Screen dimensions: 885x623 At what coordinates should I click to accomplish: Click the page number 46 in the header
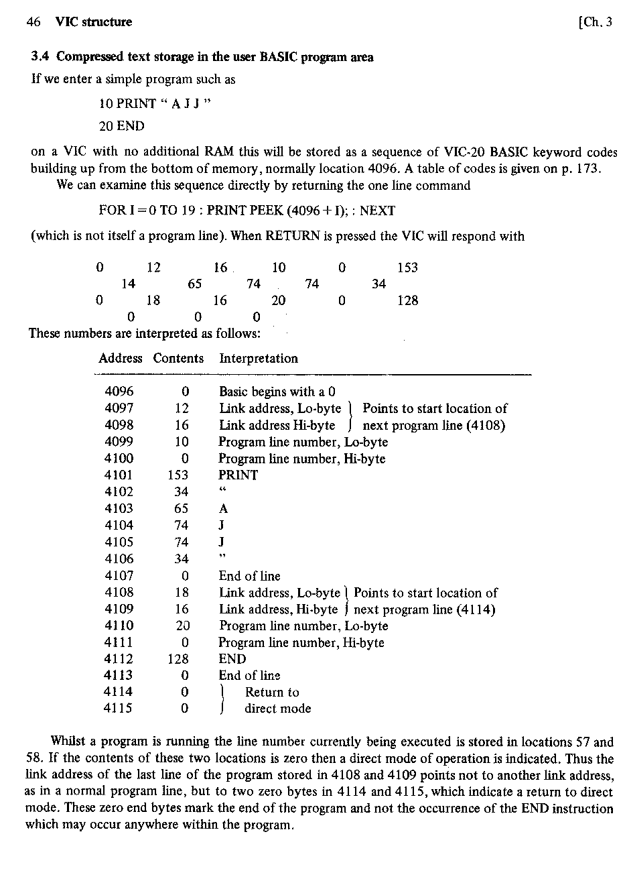(33, 22)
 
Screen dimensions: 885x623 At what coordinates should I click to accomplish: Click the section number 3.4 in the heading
(40, 57)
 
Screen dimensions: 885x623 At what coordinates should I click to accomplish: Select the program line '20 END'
(121, 126)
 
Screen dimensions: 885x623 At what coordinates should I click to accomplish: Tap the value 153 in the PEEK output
(407, 268)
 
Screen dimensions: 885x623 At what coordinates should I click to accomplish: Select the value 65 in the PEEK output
(194, 284)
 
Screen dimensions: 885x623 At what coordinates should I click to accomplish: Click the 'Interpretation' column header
(258, 358)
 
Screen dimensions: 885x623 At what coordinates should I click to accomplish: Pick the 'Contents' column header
(178, 358)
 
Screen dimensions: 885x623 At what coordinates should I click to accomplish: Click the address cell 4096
(119, 392)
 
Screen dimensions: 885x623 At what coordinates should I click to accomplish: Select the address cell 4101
(119, 475)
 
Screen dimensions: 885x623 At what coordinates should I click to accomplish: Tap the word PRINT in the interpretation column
(238, 475)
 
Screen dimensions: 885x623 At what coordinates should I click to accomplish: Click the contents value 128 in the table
(178, 659)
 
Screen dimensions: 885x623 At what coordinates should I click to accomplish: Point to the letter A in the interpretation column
(224, 509)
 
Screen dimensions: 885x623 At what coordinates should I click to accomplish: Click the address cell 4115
(119, 708)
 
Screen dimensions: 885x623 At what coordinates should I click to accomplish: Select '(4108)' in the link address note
(484, 425)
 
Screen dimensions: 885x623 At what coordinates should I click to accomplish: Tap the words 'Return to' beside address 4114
(272, 692)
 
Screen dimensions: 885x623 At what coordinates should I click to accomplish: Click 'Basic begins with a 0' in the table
(277, 392)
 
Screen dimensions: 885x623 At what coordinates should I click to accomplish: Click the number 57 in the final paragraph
(583, 742)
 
